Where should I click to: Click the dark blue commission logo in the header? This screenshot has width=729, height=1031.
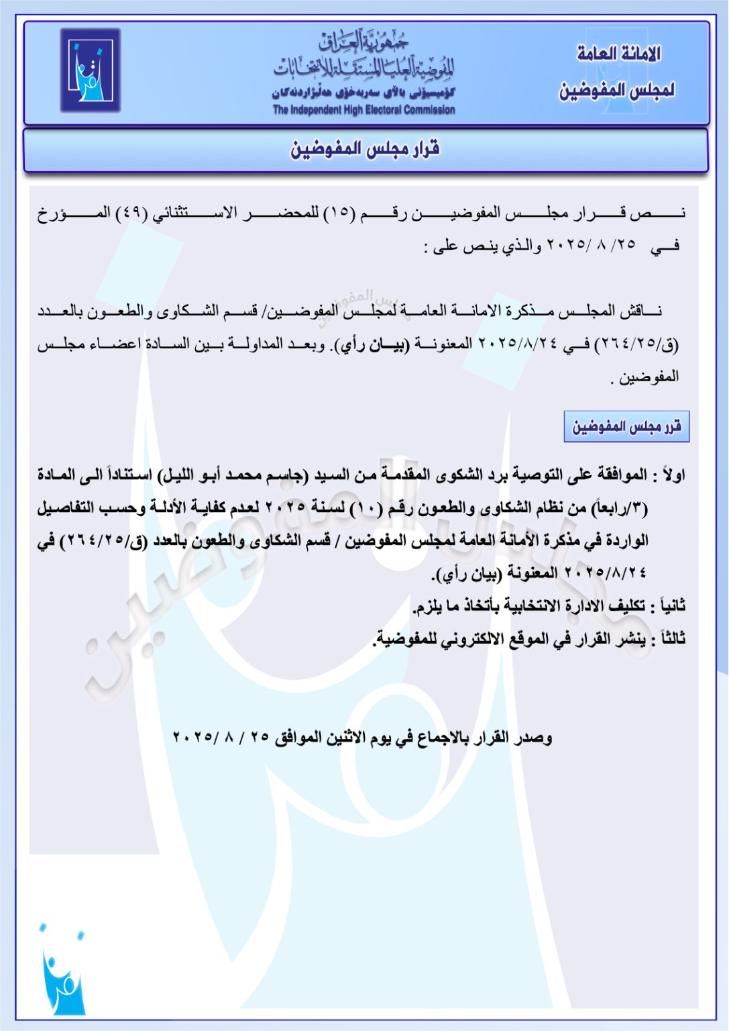pyautogui.click(x=90, y=70)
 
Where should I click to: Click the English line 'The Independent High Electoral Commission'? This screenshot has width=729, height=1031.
pyautogui.click(x=363, y=110)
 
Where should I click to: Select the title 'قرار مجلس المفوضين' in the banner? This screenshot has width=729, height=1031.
pyautogui.click(x=365, y=149)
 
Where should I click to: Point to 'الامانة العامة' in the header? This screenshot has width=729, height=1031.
pyautogui.click(x=618, y=54)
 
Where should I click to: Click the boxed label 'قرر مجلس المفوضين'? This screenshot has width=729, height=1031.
pyautogui.click(x=626, y=427)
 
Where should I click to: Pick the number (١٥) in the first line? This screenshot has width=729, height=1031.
pyautogui.click(x=341, y=213)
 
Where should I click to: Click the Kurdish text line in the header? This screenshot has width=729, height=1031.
pyautogui.click(x=363, y=93)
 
